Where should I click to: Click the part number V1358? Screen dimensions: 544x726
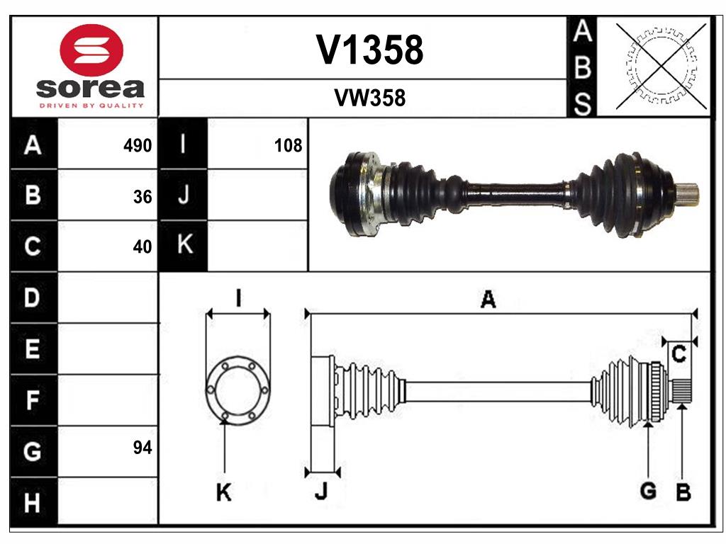pyautogui.click(x=369, y=50)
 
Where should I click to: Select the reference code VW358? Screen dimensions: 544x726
pyautogui.click(x=369, y=98)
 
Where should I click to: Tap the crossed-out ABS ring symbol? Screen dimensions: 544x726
pyautogui.click(x=661, y=66)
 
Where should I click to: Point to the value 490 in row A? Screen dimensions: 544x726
pyautogui.click(x=138, y=146)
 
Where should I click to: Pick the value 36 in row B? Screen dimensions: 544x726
pyautogui.click(x=143, y=197)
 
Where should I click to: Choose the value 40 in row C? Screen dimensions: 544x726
pyautogui.click(x=143, y=247)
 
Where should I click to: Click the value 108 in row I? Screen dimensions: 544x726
pyautogui.click(x=288, y=146)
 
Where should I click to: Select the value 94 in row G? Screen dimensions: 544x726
pyautogui.click(x=143, y=448)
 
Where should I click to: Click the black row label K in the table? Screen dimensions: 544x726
pyautogui.click(x=184, y=246)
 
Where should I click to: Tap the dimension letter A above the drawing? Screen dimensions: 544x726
pyautogui.click(x=488, y=300)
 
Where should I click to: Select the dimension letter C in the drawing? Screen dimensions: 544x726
pyautogui.click(x=678, y=355)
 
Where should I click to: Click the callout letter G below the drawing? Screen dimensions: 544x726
pyautogui.click(x=647, y=490)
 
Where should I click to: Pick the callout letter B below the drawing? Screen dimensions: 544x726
pyautogui.click(x=683, y=492)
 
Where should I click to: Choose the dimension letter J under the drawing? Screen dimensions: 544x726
pyautogui.click(x=320, y=491)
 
